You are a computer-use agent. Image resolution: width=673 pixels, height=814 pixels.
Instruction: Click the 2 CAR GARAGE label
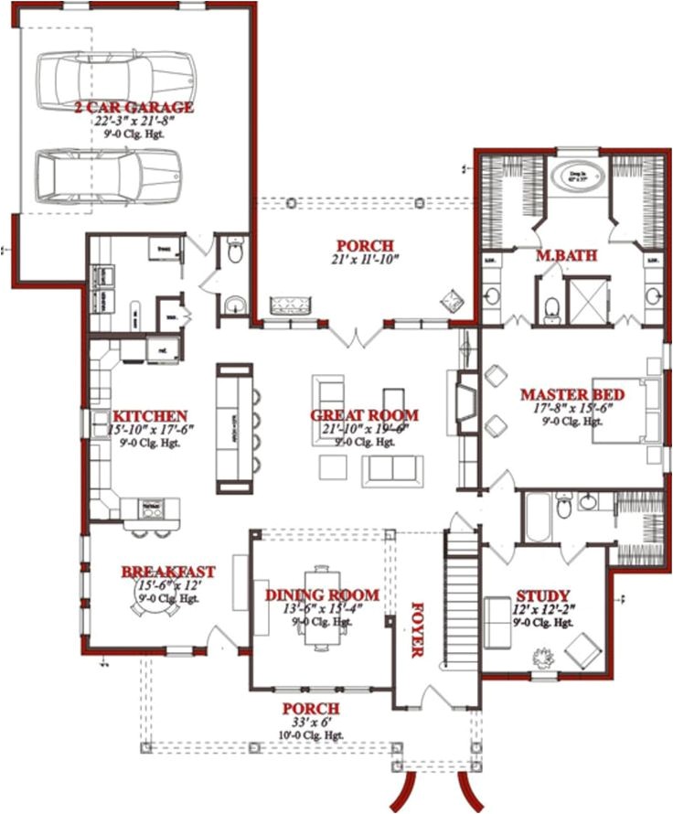coord(134,108)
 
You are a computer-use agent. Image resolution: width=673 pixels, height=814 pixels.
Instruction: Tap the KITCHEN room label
coord(148,416)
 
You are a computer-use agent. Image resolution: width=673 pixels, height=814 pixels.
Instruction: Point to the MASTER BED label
coord(572,395)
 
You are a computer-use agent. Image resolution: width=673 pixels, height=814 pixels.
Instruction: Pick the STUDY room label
coord(543,594)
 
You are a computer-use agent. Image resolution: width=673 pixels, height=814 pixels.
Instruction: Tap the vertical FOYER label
coord(418,629)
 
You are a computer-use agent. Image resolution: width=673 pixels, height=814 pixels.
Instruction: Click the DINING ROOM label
coord(310,595)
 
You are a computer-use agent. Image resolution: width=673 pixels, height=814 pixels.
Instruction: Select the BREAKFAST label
coord(168,573)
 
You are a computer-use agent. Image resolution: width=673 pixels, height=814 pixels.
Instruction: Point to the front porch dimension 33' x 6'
coord(311,723)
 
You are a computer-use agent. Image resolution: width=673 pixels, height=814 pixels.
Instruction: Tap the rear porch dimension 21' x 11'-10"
coord(364,260)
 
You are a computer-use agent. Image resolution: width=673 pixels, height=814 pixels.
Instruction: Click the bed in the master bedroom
coord(627,410)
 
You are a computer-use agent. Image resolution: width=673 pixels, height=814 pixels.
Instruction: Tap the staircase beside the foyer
coord(462,599)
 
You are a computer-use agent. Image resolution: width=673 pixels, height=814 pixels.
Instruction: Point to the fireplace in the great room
coord(465,402)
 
